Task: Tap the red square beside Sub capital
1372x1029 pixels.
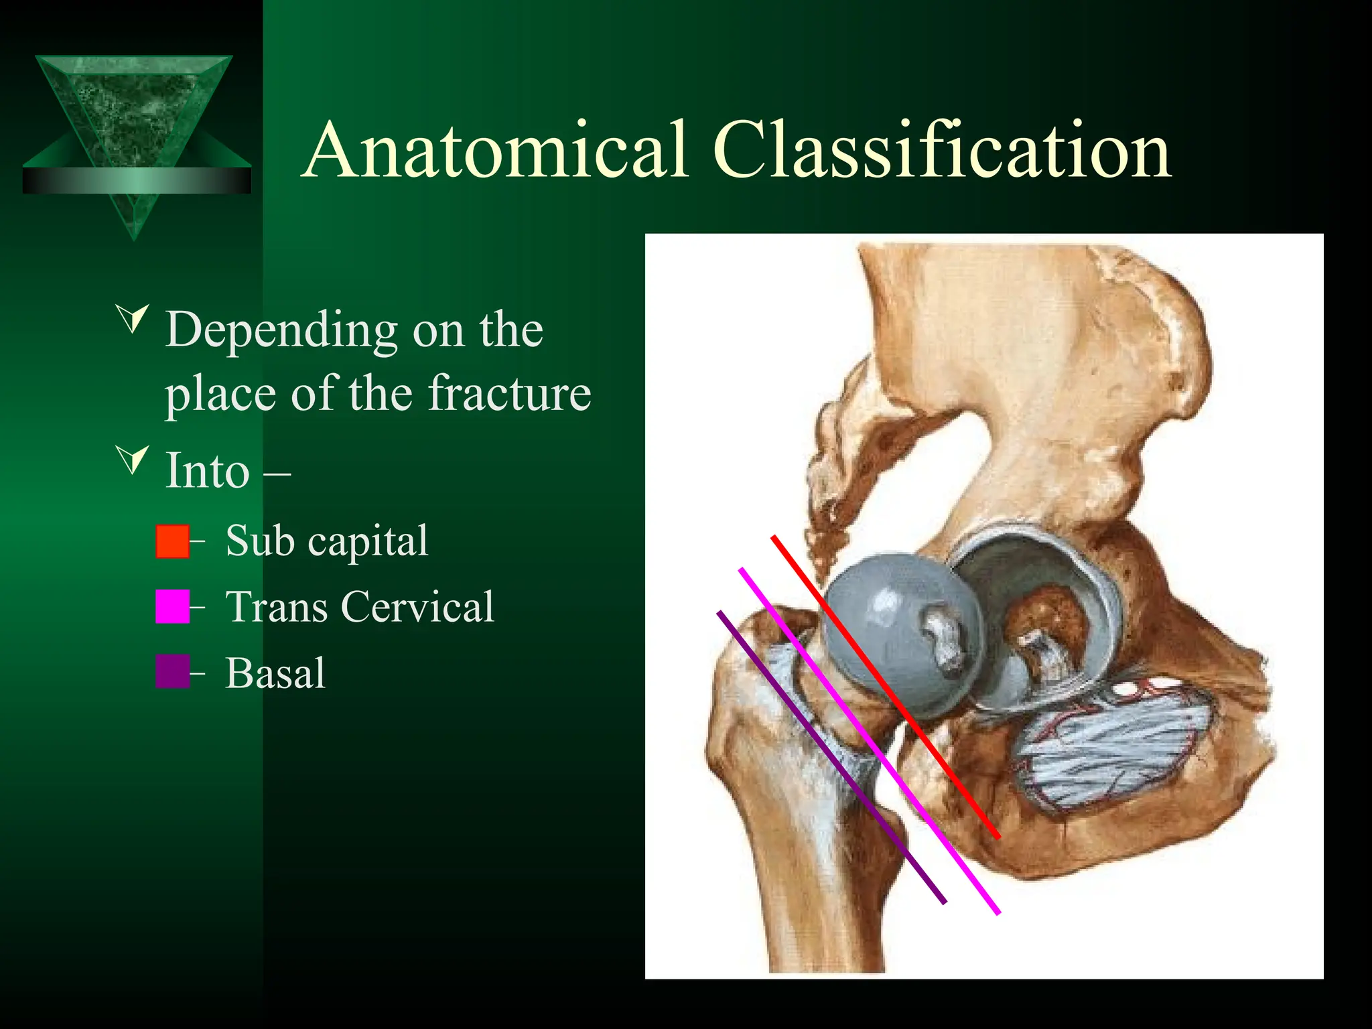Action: pyautogui.click(x=172, y=541)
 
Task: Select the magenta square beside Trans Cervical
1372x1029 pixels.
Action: pyautogui.click(x=172, y=607)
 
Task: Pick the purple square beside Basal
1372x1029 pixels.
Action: pyautogui.click(x=172, y=672)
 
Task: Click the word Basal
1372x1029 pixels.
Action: pyautogui.click(x=275, y=673)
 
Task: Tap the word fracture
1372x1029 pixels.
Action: pyautogui.click(x=510, y=393)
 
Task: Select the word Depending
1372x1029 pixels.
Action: pyautogui.click(x=282, y=331)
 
